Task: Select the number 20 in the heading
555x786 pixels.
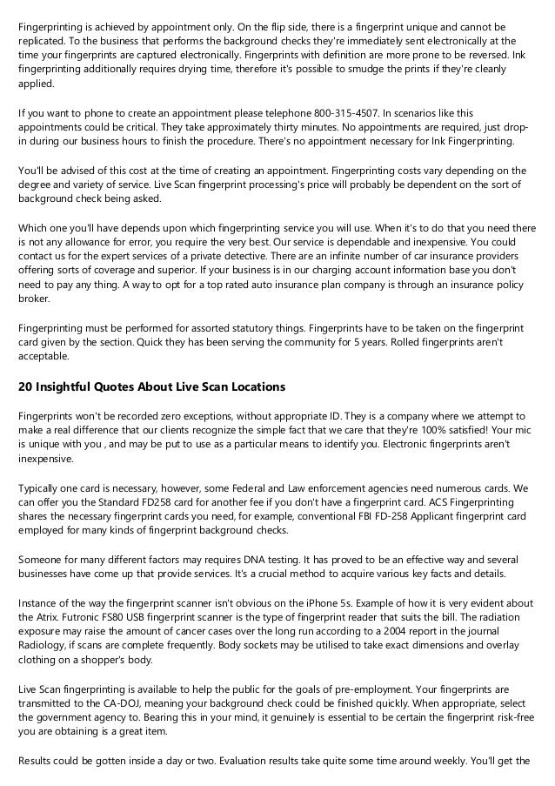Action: [26, 386]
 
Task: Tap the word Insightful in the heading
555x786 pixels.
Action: [70, 386]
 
